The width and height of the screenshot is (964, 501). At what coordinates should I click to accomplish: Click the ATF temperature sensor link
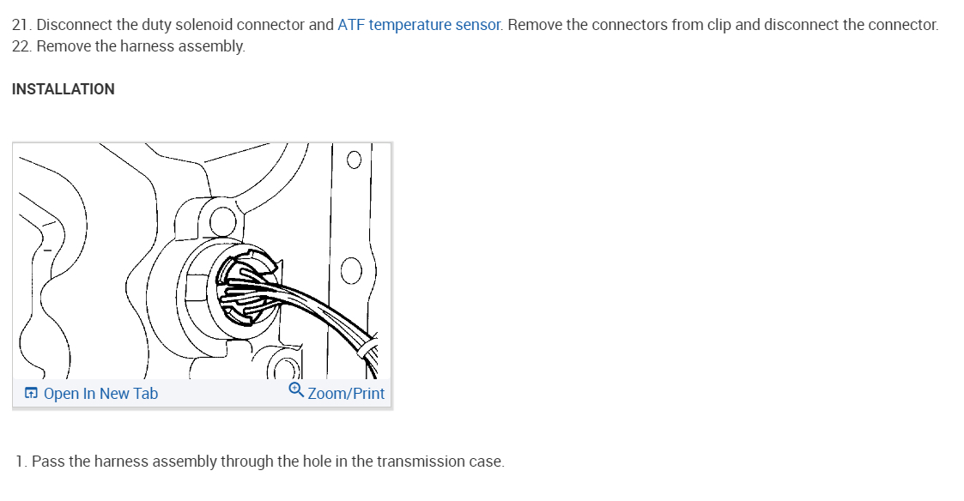(x=419, y=25)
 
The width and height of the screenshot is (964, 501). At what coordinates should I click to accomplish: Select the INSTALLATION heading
(x=63, y=89)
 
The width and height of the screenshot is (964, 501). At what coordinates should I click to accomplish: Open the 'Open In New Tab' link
(x=100, y=394)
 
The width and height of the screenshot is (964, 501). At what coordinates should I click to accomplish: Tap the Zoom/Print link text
(x=346, y=394)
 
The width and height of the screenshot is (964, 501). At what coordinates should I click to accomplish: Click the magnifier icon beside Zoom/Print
(x=296, y=390)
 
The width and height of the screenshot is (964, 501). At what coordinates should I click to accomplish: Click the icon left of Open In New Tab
(x=31, y=394)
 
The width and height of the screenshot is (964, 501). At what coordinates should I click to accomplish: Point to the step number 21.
(x=20, y=25)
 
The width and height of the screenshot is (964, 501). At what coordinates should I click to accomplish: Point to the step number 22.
(x=21, y=46)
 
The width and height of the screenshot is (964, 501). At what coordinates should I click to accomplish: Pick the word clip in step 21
(x=717, y=25)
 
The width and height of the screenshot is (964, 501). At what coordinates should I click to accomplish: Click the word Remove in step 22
(x=63, y=46)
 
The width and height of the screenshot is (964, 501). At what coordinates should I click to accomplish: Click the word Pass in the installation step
(x=48, y=462)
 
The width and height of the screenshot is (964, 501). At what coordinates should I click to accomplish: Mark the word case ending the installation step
(x=486, y=462)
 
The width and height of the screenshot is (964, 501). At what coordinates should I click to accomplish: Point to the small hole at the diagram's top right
(x=354, y=160)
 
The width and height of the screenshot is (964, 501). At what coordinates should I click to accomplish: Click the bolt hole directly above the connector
(x=221, y=220)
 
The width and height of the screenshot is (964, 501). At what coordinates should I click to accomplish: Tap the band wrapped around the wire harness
(x=367, y=349)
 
